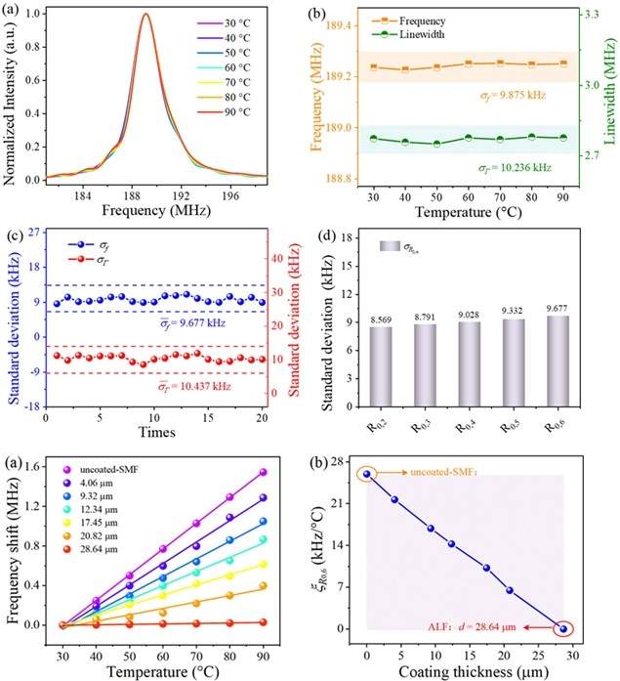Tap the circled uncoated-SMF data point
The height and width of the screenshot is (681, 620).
366,474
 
